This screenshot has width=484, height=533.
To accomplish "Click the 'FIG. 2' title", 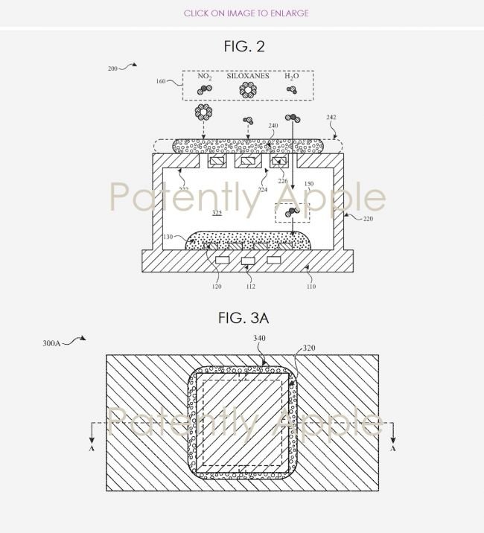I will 244,47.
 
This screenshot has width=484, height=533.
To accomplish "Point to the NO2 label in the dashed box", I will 206,77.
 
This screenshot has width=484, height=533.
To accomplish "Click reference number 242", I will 332,118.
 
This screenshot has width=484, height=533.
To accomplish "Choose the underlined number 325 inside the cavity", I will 217,213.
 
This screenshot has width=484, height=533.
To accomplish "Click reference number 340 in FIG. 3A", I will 258,337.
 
